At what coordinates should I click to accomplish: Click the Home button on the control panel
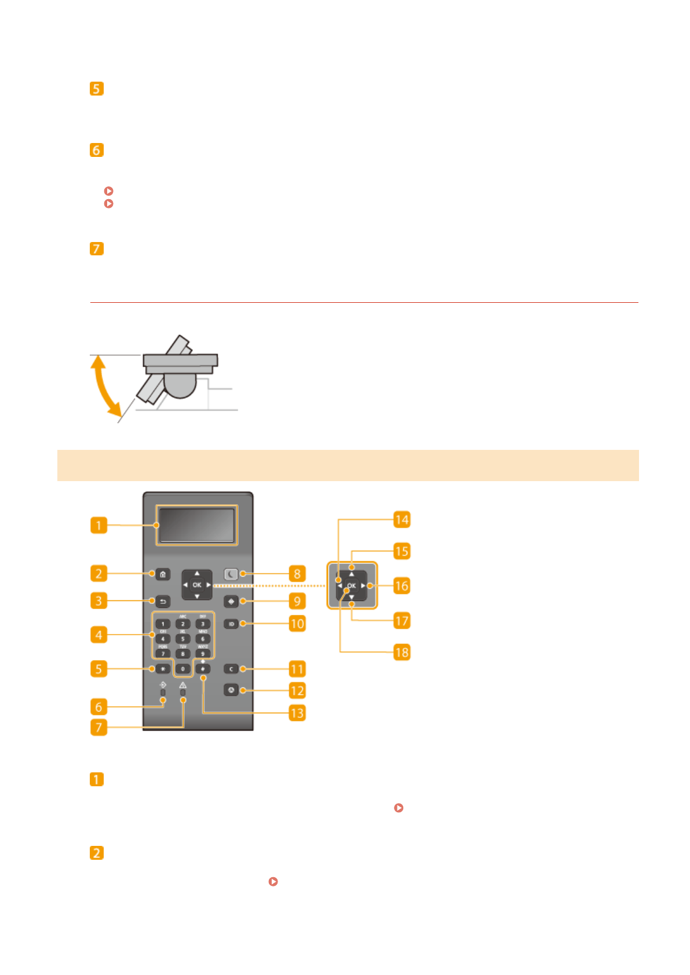(x=163, y=574)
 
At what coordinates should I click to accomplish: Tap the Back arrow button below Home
(x=163, y=602)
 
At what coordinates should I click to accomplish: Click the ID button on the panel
(x=231, y=624)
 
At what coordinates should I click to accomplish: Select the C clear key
(x=231, y=669)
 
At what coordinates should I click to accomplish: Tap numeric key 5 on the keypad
(x=182, y=639)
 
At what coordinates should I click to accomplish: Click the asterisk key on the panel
(x=163, y=669)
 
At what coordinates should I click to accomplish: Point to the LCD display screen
(x=196, y=525)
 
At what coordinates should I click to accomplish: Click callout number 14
(x=401, y=519)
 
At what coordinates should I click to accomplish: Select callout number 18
(x=401, y=653)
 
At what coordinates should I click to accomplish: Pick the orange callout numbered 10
(x=297, y=624)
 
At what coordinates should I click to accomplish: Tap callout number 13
(x=297, y=713)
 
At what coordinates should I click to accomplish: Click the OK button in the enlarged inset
(x=352, y=586)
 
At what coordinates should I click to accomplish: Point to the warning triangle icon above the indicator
(x=183, y=685)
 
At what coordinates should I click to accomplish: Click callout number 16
(x=401, y=586)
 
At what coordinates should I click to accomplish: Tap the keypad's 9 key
(x=203, y=654)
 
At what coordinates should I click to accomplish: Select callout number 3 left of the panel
(x=98, y=601)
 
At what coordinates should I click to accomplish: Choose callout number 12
(x=297, y=691)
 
